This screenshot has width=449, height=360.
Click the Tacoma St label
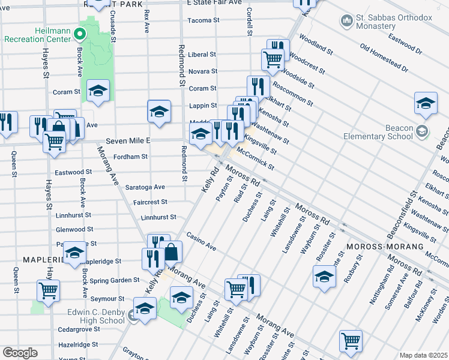coord(203,20)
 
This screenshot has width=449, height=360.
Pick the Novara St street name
coord(202,71)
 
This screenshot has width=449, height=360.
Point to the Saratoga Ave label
coord(145,187)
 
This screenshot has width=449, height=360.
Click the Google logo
coord(20,353)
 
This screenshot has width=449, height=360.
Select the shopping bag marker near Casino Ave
coord(171,251)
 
